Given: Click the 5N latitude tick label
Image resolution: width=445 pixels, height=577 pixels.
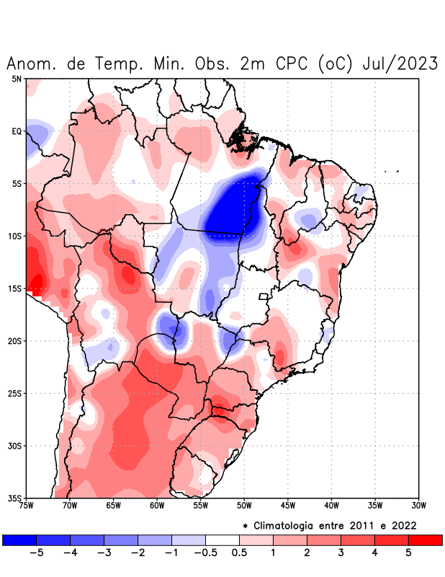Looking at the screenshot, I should [x=17, y=79].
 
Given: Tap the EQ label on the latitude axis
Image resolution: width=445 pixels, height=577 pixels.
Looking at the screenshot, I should [x=17, y=131].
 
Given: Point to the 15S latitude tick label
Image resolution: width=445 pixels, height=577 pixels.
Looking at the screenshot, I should [x=15, y=288].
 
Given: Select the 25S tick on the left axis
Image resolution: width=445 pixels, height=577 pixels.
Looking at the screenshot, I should [x=15, y=393].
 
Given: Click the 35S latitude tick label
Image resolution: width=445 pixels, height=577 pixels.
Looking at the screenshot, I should [x=15, y=498].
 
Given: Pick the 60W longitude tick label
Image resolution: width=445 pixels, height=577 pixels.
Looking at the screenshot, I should [x=157, y=505].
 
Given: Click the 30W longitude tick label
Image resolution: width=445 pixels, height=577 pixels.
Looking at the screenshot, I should [x=418, y=505].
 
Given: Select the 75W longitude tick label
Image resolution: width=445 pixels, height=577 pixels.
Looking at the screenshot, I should [x=27, y=505].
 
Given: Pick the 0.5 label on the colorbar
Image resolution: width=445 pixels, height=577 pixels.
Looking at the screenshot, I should [x=239, y=552].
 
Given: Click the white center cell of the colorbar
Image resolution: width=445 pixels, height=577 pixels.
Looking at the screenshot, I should [x=223, y=539].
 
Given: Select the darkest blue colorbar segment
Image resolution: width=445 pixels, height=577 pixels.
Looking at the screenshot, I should [x=19, y=539].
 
